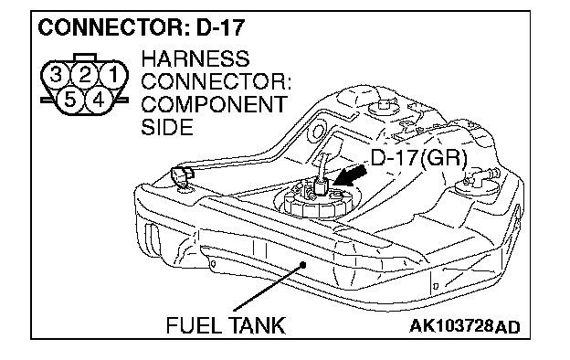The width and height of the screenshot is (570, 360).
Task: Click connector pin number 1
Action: [x=114, y=76]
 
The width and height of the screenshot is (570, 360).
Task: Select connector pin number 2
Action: [x=84, y=76]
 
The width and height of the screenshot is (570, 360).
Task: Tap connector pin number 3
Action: [x=55, y=76]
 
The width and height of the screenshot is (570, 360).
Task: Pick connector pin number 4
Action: [x=99, y=100]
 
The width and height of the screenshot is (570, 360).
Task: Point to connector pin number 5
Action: [x=69, y=100]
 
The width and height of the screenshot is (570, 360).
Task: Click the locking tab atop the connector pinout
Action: [x=85, y=58]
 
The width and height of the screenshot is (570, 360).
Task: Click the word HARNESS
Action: [x=195, y=58]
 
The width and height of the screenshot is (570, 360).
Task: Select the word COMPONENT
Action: [x=214, y=105]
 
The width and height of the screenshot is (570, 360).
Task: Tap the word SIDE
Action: [x=167, y=127]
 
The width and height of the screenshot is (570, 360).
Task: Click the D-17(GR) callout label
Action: [x=418, y=159]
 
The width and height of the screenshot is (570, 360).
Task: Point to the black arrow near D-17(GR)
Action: [x=349, y=176]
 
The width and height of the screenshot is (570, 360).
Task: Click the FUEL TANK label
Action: [x=226, y=325]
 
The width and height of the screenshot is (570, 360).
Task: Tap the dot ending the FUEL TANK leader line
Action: [x=303, y=264]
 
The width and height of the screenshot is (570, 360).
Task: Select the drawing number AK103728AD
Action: [x=465, y=326]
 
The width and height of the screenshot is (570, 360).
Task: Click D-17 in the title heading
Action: [x=220, y=27]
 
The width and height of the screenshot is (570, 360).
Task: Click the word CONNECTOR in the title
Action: [x=114, y=27]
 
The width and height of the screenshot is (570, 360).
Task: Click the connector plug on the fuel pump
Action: [x=321, y=186]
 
